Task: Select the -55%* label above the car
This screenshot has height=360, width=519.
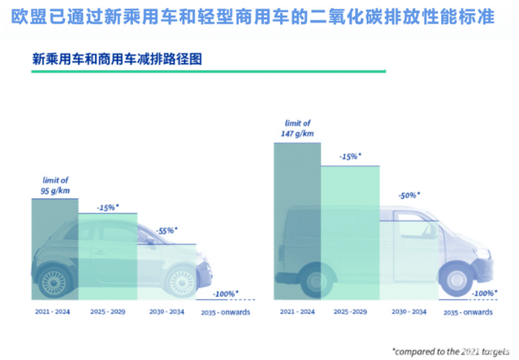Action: click(x=167, y=231)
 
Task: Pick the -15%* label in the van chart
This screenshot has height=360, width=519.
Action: click(x=349, y=157)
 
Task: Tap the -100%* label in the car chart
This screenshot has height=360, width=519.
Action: click(x=225, y=292)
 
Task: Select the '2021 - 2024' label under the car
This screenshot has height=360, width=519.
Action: click(x=54, y=311)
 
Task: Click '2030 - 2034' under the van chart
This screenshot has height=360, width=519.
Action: click(x=407, y=311)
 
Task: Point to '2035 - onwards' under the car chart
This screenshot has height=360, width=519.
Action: click(x=220, y=311)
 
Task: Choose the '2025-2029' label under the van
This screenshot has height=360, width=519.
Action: click(x=350, y=311)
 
